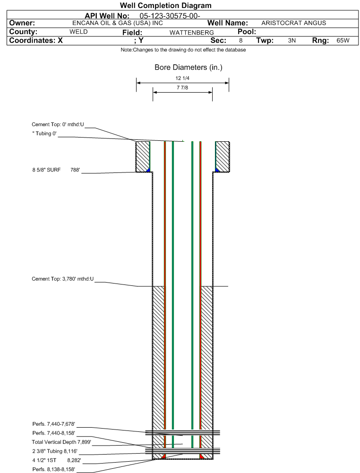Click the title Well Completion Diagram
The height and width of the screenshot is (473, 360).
coord(165,5)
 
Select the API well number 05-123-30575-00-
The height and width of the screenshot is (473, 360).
coord(170,16)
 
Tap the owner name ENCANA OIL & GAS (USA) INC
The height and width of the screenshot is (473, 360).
coord(118,23)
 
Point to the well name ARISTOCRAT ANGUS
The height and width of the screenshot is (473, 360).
coord(294,23)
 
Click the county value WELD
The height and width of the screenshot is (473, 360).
coord(78,32)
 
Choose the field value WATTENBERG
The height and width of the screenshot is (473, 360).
coord(191,33)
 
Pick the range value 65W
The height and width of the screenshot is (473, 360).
coord(343,41)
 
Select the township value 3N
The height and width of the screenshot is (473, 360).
coord(292,41)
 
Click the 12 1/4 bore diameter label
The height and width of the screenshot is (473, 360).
coord(182,78)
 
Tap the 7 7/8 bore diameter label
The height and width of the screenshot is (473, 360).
coord(182,87)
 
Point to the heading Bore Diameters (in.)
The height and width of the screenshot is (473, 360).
coord(189,67)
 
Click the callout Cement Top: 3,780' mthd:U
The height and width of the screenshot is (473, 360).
coord(63,279)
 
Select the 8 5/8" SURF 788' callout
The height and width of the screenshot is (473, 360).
coord(56,170)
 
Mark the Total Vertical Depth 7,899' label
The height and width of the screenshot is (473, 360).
coord(61,442)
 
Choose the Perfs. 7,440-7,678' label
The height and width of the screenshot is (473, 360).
coord(54,424)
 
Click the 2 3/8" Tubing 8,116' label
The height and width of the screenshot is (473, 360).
coord(55,451)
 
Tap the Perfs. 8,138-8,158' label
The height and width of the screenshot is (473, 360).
coord(54,469)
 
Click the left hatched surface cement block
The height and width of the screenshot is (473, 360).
coord(143,156)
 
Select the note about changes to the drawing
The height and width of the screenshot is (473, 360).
coord(183,50)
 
